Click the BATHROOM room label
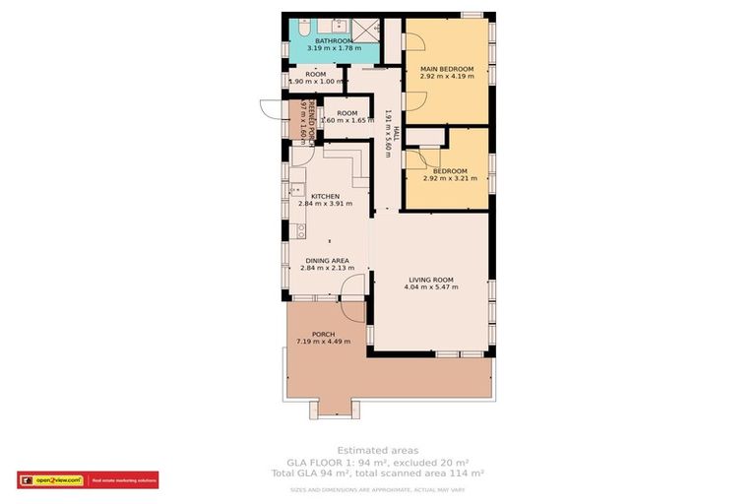(x=333, y=40)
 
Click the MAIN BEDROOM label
(x=447, y=69)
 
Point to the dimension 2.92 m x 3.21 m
(x=449, y=178)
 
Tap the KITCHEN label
(x=325, y=196)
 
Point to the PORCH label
(x=324, y=334)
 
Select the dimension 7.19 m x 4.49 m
(x=324, y=342)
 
